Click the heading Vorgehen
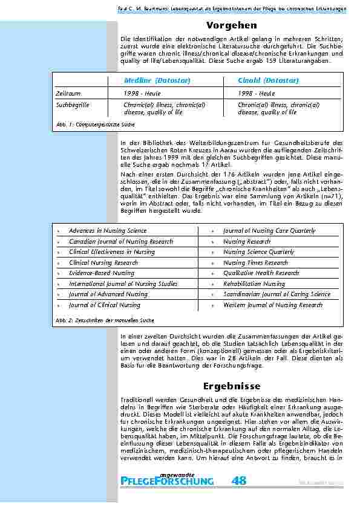(231, 25)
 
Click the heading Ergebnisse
(231, 386)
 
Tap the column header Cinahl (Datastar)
(269, 80)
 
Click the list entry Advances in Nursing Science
(107, 231)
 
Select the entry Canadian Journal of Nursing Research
(120, 242)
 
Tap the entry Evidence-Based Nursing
(101, 273)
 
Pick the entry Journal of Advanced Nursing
(108, 294)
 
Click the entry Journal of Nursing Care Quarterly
(269, 231)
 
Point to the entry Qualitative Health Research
(261, 273)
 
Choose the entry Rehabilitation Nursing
(254, 284)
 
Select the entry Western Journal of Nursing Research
(272, 305)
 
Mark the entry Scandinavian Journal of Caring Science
(277, 294)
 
